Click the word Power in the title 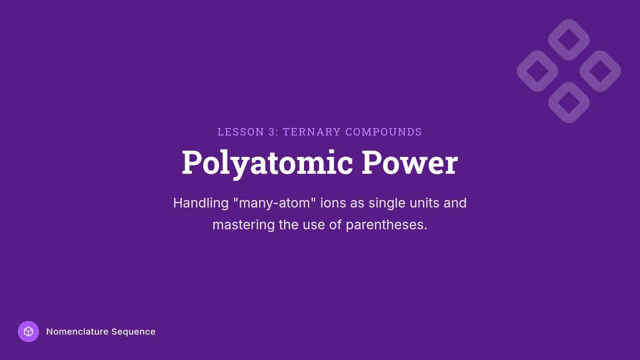click(410, 162)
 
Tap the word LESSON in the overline click(241, 132)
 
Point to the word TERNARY click(311, 132)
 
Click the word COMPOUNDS click(383, 132)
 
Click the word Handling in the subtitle click(201, 203)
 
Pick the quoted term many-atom click(274, 203)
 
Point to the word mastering click(243, 225)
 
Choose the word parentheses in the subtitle click(387, 225)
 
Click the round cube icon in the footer click(28, 331)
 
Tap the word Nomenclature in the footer click(77, 332)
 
